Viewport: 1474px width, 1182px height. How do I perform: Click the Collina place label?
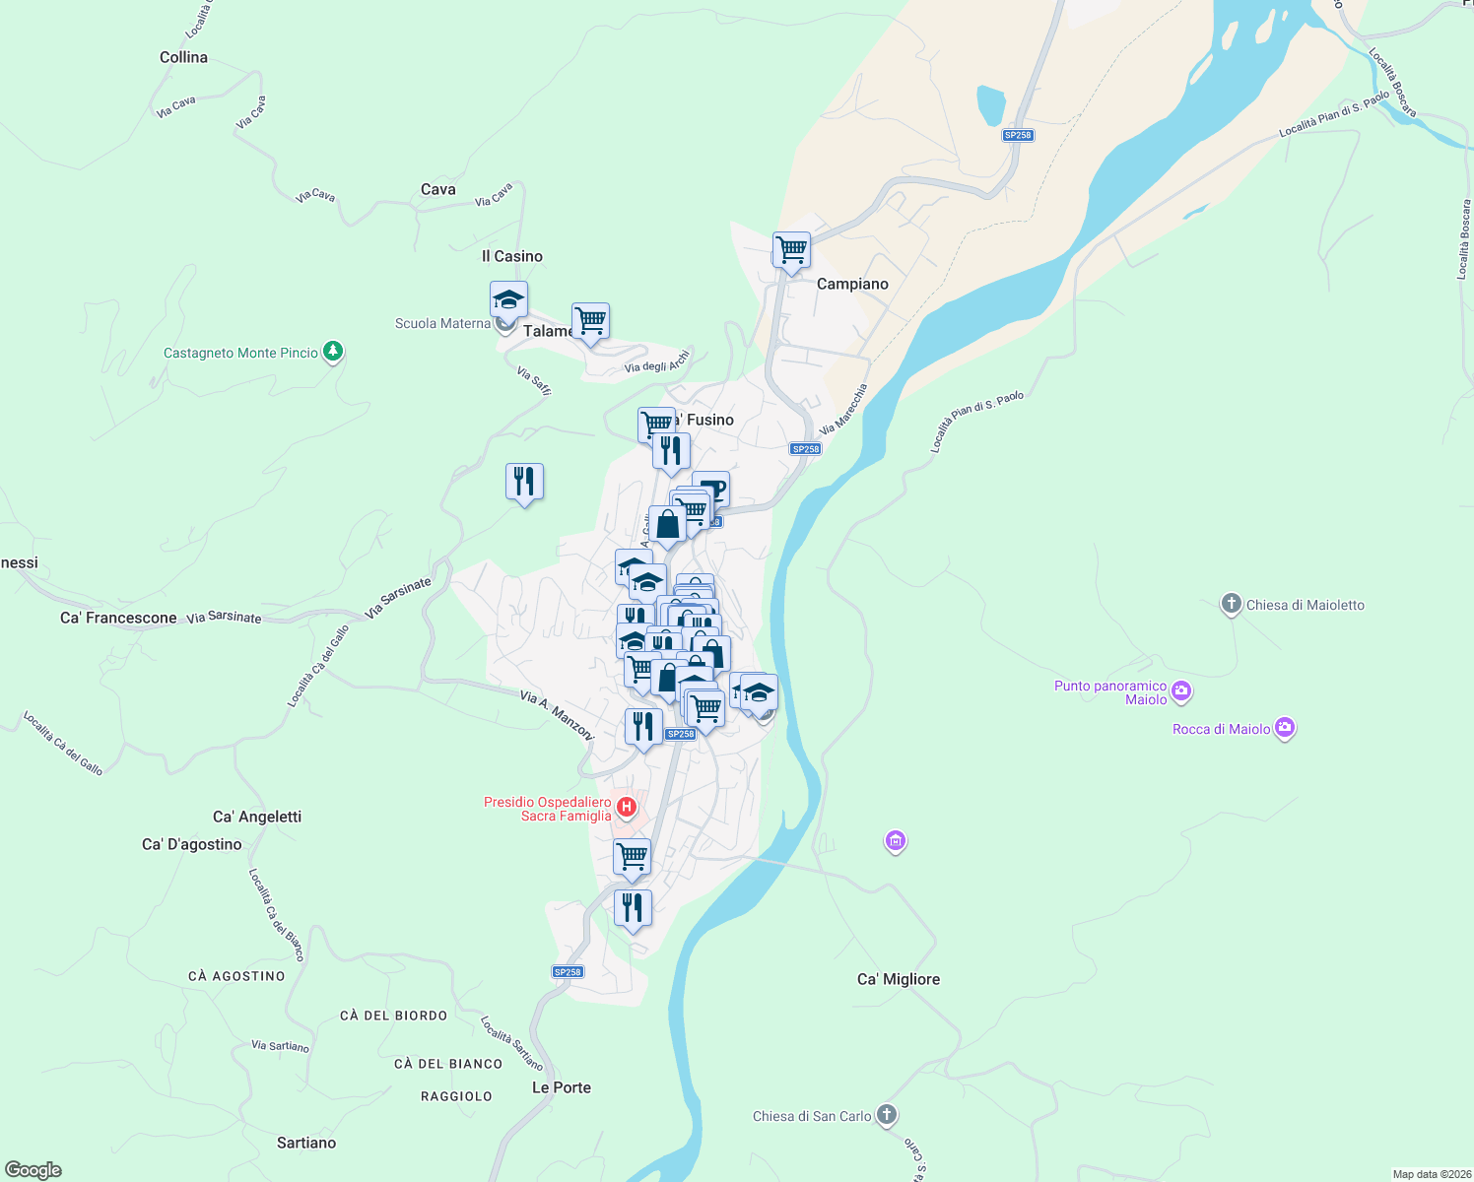click(x=183, y=57)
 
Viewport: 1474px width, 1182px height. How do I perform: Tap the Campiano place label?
click(x=852, y=284)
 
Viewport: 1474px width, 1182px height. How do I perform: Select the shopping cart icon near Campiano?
click(x=791, y=250)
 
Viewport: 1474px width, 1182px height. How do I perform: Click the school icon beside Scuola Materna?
click(x=508, y=299)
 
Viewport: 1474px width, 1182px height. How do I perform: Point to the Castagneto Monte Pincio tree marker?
click(x=333, y=352)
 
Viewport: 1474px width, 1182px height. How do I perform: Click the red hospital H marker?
click(x=626, y=809)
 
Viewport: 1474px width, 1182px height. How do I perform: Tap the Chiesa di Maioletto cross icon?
click(x=1231, y=604)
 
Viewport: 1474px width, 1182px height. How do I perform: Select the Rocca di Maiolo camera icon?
click(x=1284, y=728)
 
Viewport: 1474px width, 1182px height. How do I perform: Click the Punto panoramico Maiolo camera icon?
click(x=1181, y=691)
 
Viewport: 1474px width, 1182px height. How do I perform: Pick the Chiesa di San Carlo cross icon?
click(x=887, y=1115)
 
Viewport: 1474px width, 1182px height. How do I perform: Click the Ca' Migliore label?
click(x=898, y=979)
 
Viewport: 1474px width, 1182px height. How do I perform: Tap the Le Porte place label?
click(x=562, y=1087)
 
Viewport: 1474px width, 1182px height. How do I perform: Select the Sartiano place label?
click(x=306, y=1143)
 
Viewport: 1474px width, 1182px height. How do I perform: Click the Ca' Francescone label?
click(x=118, y=618)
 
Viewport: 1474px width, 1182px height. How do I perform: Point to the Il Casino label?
click(x=512, y=256)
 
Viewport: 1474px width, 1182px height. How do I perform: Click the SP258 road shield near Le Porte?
click(x=568, y=972)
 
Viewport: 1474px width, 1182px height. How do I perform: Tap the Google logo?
click(x=33, y=1170)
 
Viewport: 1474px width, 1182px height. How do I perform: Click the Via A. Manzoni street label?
click(x=557, y=715)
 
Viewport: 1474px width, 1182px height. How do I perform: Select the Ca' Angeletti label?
click(x=257, y=817)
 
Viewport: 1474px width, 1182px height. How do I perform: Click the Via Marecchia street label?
click(x=843, y=410)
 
